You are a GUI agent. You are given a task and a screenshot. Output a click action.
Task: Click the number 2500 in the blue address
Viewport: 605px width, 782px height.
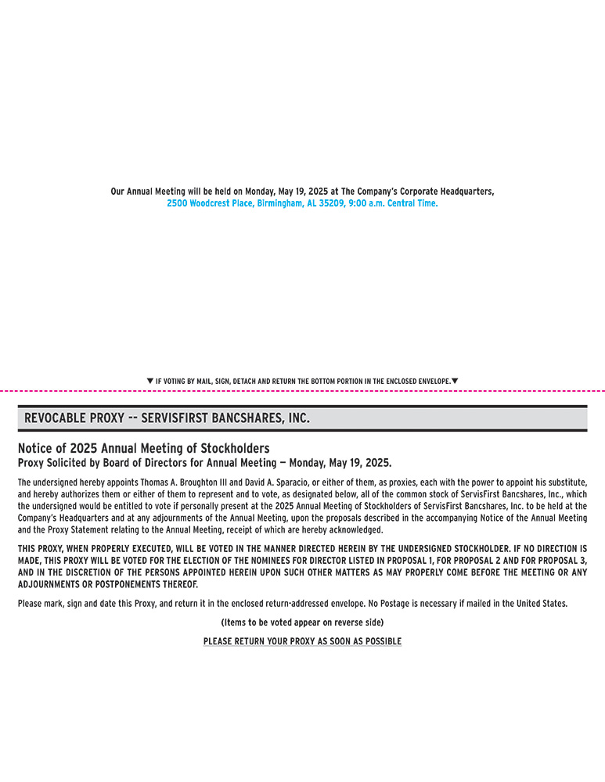click(x=177, y=203)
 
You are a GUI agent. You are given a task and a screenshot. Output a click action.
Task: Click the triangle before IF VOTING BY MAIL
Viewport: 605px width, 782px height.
click(x=150, y=381)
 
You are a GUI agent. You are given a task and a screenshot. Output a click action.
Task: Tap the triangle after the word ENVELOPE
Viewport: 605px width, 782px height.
click(x=455, y=381)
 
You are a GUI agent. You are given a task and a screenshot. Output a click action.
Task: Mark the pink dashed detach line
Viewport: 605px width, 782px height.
click(x=302, y=390)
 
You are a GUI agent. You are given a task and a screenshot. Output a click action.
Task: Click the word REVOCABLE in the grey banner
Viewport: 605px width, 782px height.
click(x=55, y=418)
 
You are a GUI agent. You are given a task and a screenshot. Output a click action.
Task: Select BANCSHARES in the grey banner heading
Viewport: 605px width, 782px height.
click(x=244, y=418)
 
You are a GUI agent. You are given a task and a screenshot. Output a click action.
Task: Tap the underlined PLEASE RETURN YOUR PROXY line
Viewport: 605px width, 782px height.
click(x=302, y=641)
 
